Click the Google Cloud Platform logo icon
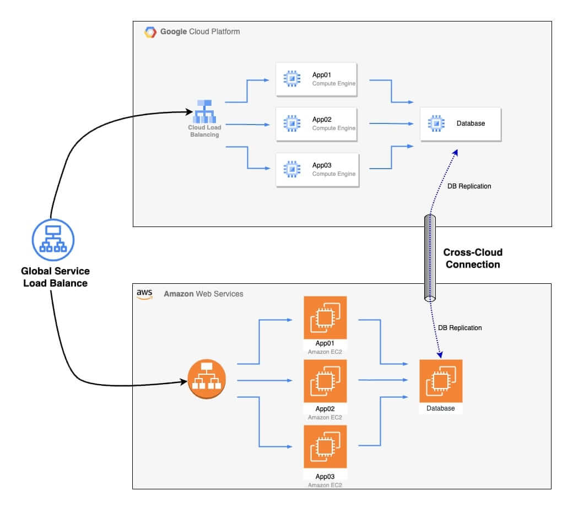coord(150,32)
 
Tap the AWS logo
coord(145,294)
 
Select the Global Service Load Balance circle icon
coord(53,240)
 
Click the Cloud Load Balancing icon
coord(204,111)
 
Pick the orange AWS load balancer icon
coord(207,379)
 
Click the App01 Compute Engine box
coord(316,79)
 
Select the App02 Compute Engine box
coord(316,125)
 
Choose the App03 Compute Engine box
coord(317,170)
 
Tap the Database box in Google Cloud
coord(461,125)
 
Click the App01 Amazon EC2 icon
coord(325,317)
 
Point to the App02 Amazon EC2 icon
coord(325,381)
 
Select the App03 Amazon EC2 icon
coord(325,446)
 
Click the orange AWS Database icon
coord(441,381)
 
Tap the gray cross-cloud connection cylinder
coord(430,258)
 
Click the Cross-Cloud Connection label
coord(473,258)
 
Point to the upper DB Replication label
coord(469,186)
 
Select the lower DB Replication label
coord(460,328)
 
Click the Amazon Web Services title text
coord(203,294)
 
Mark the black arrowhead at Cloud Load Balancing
coord(189,111)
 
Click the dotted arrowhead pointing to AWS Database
coord(440,354)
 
